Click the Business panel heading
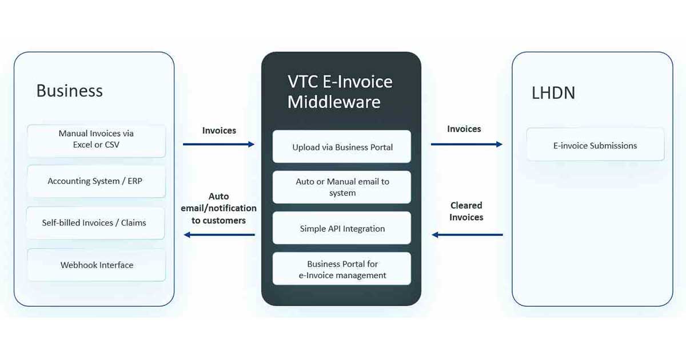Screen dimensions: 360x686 [69, 91]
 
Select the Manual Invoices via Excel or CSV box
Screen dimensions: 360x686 [96, 139]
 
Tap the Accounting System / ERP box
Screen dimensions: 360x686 [96, 181]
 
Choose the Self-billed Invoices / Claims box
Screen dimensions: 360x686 [96, 223]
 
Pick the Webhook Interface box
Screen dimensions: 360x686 [96, 265]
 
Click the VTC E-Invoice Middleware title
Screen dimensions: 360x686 [340, 91]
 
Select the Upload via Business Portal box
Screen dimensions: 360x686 [342, 147]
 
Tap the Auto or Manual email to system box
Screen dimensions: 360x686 [342, 187]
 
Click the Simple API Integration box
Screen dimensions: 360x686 [342, 229]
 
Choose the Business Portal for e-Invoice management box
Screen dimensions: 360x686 [342, 269]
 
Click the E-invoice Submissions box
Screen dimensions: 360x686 [595, 146]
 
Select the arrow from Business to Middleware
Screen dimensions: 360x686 [218, 145]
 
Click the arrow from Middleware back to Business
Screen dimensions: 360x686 [218, 235]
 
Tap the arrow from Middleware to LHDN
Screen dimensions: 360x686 [466, 145]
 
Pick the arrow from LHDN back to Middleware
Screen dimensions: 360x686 [466, 235]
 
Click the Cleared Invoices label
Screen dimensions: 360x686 [466, 211]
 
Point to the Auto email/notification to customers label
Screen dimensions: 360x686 [218, 208]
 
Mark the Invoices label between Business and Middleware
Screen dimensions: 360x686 [219, 130]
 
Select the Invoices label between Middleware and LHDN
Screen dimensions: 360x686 [464, 129]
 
